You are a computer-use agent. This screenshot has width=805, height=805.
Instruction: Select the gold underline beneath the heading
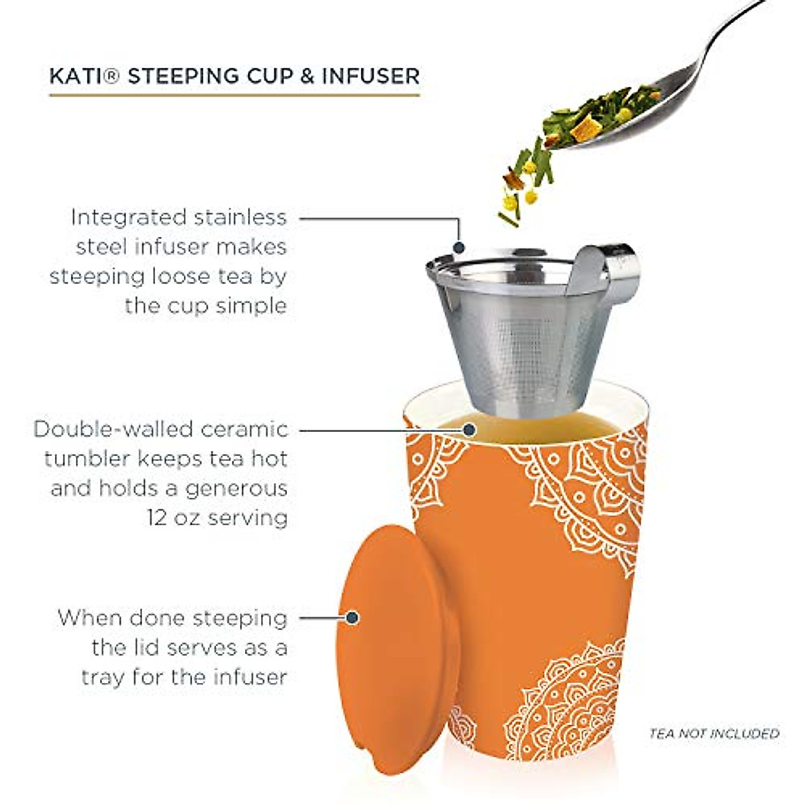[x=234, y=95]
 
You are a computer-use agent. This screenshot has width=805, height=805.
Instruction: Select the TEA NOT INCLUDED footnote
[x=714, y=733]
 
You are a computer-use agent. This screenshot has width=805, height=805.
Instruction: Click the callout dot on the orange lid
[x=352, y=617]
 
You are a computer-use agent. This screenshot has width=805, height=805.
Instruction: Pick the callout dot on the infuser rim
[x=460, y=248]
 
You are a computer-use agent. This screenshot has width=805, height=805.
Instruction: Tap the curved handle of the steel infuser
[x=610, y=268]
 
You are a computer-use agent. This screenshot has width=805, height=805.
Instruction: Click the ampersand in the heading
[x=307, y=76]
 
